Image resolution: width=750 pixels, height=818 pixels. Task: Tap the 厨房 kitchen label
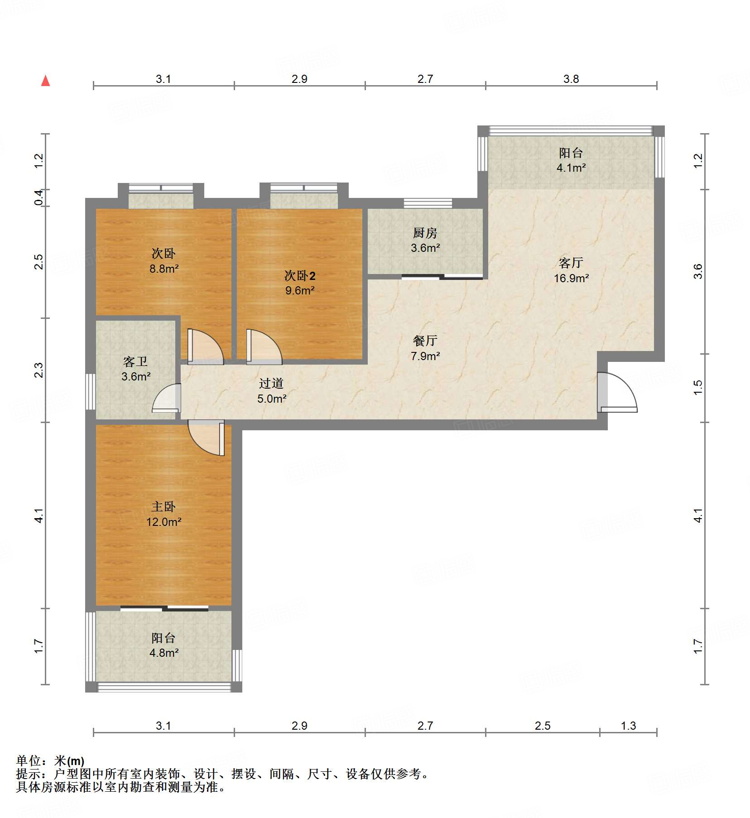tap(425, 233)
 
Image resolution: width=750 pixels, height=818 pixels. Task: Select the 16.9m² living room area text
tap(571, 278)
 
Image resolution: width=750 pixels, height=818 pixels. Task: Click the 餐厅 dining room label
tap(425, 341)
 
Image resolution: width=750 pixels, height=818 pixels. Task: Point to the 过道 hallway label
tap(271, 383)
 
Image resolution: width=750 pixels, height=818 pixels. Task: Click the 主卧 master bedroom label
tap(163, 506)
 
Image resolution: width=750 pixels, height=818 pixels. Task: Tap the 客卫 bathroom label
tap(135, 361)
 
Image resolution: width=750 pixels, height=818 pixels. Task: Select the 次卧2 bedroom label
tap(300, 275)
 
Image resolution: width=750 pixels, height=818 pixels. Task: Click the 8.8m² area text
tap(164, 269)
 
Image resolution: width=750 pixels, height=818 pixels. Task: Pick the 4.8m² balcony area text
tap(163, 653)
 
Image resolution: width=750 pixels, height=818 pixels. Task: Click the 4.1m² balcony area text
tap(571, 168)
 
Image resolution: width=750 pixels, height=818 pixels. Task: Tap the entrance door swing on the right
tap(617, 392)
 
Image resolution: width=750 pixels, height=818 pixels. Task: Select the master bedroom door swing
tap(206, 438)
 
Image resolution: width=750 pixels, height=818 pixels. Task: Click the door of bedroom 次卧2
tap(264, 346)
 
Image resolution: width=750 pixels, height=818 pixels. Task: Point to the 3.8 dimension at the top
tap(571, 79)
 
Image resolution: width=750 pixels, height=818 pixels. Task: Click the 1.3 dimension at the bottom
tap(628, 726)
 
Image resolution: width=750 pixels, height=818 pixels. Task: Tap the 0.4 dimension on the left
tap(39, 197)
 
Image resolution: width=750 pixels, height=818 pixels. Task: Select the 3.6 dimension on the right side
tap(698, 271)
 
